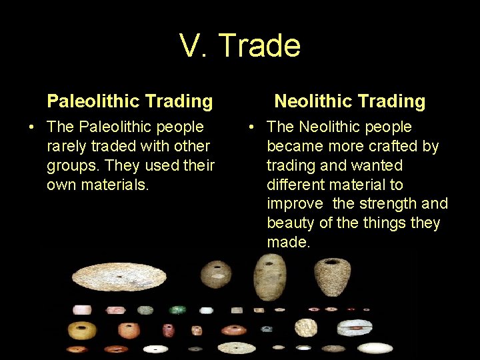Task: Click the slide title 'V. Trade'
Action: click(240, 46)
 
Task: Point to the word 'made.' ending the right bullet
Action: click(289, 242)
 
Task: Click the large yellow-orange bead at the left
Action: click(83, 329)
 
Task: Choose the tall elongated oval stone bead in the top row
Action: click(269, 277)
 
